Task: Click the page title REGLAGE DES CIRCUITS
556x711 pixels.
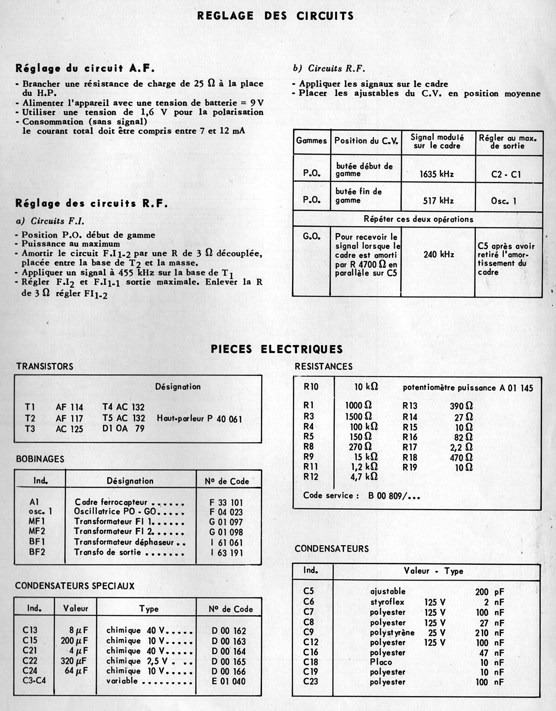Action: (275, 16)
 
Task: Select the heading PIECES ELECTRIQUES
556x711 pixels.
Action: (277, 349)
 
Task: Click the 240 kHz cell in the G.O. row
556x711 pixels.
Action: (438, 254)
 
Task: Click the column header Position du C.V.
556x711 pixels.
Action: (366, 141)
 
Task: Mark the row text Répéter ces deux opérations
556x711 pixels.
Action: (418, 219)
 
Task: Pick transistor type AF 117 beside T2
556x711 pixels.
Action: (69, 418)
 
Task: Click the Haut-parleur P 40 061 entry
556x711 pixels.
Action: (199, 418)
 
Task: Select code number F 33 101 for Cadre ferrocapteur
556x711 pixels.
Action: (226, 503)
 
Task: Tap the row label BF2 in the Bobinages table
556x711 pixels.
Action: (37, 552)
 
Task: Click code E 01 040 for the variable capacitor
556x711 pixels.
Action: (229, 681)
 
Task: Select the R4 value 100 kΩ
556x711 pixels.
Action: (364, 427)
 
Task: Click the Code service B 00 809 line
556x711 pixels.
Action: (361, 496)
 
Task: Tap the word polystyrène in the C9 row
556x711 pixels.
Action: (392, 633)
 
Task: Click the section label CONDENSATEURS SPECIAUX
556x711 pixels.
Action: (75, 586)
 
